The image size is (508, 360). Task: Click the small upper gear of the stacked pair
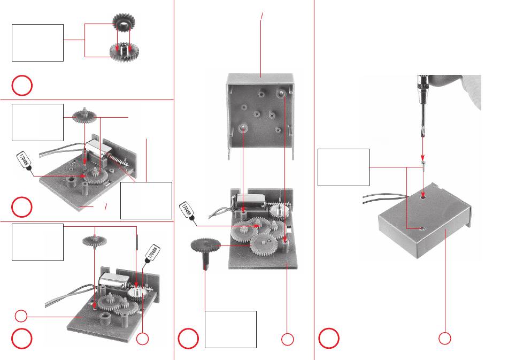[124, 22]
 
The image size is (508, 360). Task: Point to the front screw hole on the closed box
[422, 228]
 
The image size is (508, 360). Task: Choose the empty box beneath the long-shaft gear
[230, 329]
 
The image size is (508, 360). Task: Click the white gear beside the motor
[137, 295]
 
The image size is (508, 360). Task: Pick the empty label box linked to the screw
[343, 167]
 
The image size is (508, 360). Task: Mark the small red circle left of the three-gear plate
[20, 316]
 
